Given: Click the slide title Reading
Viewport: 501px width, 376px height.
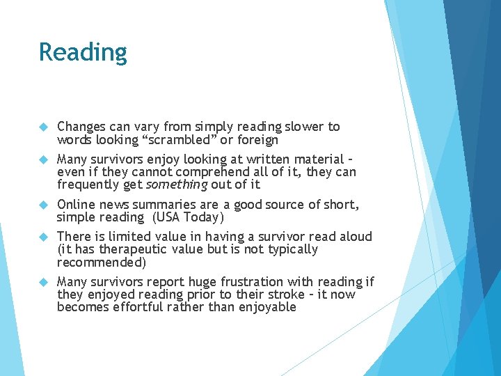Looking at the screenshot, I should pos(83,52).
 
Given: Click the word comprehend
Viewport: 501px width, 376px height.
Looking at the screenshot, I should pos(212,172).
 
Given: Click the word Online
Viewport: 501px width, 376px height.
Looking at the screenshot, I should pos(76,204).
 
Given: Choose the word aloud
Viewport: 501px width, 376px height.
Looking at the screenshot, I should pos(356,237).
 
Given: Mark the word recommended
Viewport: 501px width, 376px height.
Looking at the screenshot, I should pos(102,263).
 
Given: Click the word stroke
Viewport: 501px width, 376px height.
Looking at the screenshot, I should pos(281,295).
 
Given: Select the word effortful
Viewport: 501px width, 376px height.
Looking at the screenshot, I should pos(134,307).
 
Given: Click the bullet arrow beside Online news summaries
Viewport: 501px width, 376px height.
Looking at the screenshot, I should pos(43,205).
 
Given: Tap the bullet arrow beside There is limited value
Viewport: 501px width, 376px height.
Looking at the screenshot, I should pos(43,237).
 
